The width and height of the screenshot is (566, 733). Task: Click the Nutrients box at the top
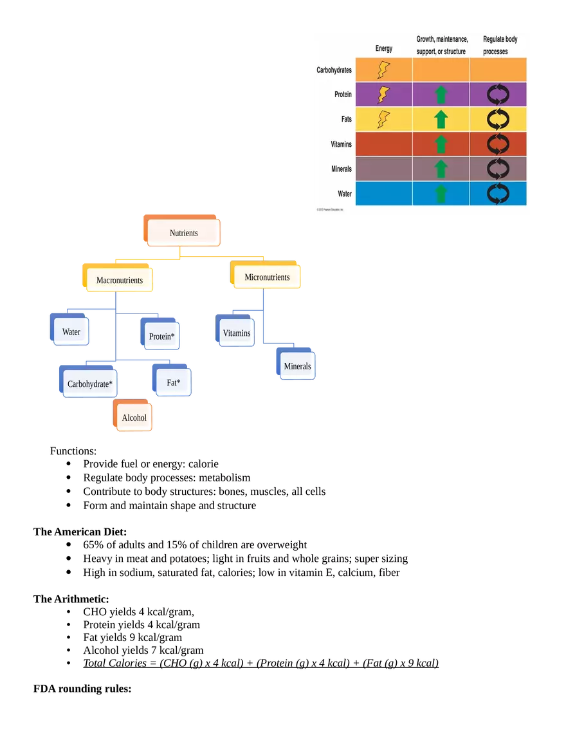184,232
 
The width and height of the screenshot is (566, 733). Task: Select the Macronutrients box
120,281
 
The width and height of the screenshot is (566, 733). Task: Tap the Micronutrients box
267,277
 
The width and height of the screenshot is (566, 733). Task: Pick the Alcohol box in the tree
134,418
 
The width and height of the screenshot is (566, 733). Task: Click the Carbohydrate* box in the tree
89,384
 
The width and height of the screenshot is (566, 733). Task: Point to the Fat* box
174,383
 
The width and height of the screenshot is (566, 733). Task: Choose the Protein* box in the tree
161,336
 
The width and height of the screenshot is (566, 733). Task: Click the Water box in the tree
71,332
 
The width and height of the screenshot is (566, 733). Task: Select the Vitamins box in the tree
237,333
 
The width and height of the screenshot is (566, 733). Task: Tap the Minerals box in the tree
297,366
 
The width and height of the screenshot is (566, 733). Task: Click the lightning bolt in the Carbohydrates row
383,70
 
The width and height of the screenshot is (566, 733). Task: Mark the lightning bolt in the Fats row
383,119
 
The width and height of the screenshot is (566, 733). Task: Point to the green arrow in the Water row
441,193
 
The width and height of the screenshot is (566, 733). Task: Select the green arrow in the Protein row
441,95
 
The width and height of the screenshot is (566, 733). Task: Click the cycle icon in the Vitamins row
498,144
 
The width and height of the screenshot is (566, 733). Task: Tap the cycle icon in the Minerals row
498,169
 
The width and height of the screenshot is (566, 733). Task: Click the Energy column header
384,49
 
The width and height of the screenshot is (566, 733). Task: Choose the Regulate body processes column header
500,45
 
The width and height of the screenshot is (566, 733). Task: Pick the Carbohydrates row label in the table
334,70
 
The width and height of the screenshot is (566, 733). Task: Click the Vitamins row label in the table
341,144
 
